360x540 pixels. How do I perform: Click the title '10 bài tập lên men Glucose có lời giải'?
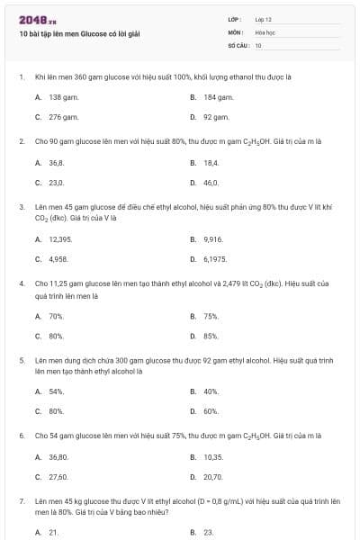tap(79, 34)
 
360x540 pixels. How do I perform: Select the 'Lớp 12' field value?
tap(264, 19)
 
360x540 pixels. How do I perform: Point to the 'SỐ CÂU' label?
tap(237, 44)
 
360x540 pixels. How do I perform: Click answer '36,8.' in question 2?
tap(56, 162)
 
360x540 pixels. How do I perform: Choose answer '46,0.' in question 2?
tap(211, 183)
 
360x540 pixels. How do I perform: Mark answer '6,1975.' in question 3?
tap(215, 259)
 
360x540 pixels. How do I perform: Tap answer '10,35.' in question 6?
tap(213, 457)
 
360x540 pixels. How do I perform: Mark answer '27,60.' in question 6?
tap(58, 478)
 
